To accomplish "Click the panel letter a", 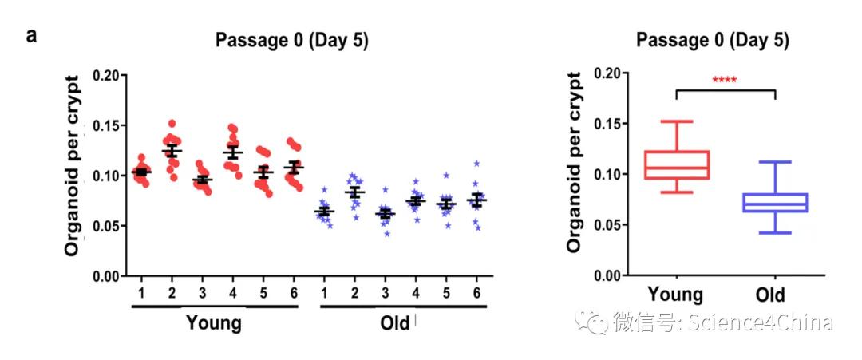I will (32, 37).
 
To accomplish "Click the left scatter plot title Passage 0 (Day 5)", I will (291, 42).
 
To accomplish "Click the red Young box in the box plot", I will (675, 164).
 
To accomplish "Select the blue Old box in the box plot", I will (775, 203).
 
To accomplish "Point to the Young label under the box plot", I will (675, 295).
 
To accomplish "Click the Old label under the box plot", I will (769, 295).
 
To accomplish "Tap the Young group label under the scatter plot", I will (213, 322).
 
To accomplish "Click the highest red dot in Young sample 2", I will (172, 124).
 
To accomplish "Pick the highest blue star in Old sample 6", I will (476, 163).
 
